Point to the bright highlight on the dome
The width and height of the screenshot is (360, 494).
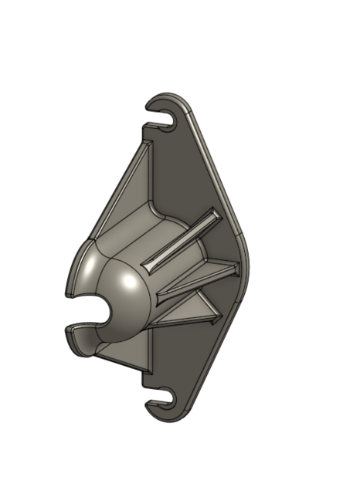click(93, 269)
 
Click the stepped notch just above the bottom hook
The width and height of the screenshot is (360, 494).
click(145, 377)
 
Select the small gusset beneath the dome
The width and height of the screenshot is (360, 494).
click(124, 352)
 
